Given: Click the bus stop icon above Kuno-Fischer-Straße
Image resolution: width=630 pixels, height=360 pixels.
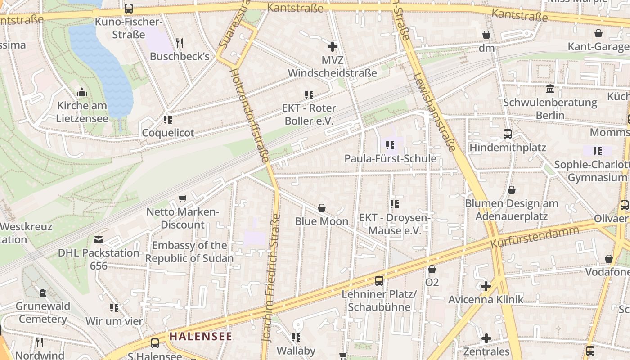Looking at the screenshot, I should click(x=129, y=9).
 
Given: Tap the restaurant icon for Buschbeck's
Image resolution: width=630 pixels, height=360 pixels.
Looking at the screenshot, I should click(x=180, y=43).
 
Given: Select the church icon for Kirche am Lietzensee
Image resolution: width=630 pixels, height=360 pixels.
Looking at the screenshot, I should click(x=82, y=93).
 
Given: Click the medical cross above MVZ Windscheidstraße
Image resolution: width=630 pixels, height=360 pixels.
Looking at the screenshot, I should click(x=333, y=46).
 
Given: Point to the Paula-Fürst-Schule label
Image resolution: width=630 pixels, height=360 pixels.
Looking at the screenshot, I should click(x=390, y=158).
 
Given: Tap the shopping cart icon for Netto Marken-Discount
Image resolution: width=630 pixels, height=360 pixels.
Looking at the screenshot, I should click(x=183, y=198).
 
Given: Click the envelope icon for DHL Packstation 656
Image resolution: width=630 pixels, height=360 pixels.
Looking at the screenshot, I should click(x=99, y=240).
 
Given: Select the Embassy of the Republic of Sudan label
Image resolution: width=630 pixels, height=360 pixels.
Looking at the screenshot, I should click(x=189, y=252).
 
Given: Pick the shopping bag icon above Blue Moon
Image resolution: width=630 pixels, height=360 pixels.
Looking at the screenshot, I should click(x=322, y=208).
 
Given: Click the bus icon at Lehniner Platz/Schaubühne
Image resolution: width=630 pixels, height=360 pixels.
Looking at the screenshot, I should click(x=379, y=281).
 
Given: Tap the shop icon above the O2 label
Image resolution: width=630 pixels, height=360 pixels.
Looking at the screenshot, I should click(x=432, y=269).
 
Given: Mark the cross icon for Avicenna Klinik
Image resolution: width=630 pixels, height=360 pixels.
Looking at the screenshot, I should click(x=486, y=286).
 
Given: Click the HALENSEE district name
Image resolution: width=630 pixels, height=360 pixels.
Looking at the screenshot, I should click(x=201, y=336).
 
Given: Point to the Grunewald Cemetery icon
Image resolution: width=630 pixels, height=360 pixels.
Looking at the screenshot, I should click(x=43, y=293).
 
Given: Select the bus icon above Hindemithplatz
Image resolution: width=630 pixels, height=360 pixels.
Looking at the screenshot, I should click(x=508, y=134).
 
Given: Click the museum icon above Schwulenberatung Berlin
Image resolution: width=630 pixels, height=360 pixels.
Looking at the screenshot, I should click(x=550, y=89).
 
